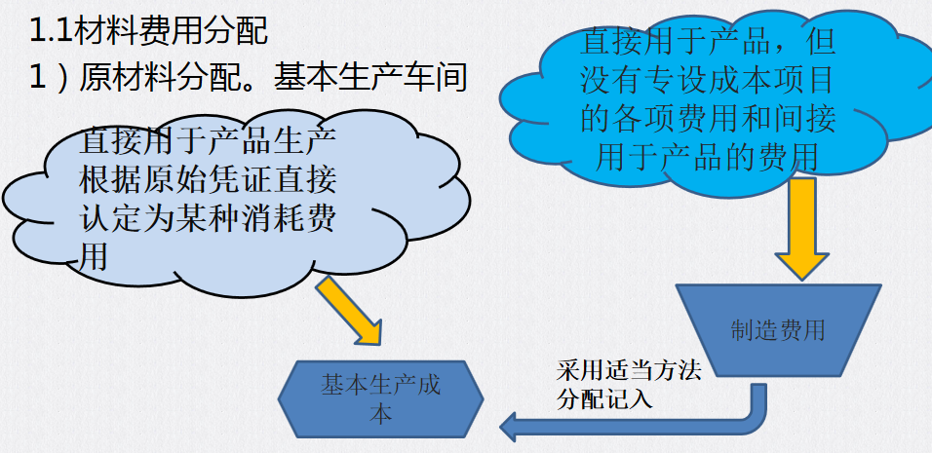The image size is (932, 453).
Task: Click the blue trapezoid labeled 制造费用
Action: pos(778,330)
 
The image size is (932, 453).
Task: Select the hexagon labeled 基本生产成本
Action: pos(381,398)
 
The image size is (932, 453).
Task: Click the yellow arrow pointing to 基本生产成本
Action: pos(351,309)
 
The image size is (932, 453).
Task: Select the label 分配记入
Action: pos(604,398)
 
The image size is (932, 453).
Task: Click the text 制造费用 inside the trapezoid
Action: pos(778,330)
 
